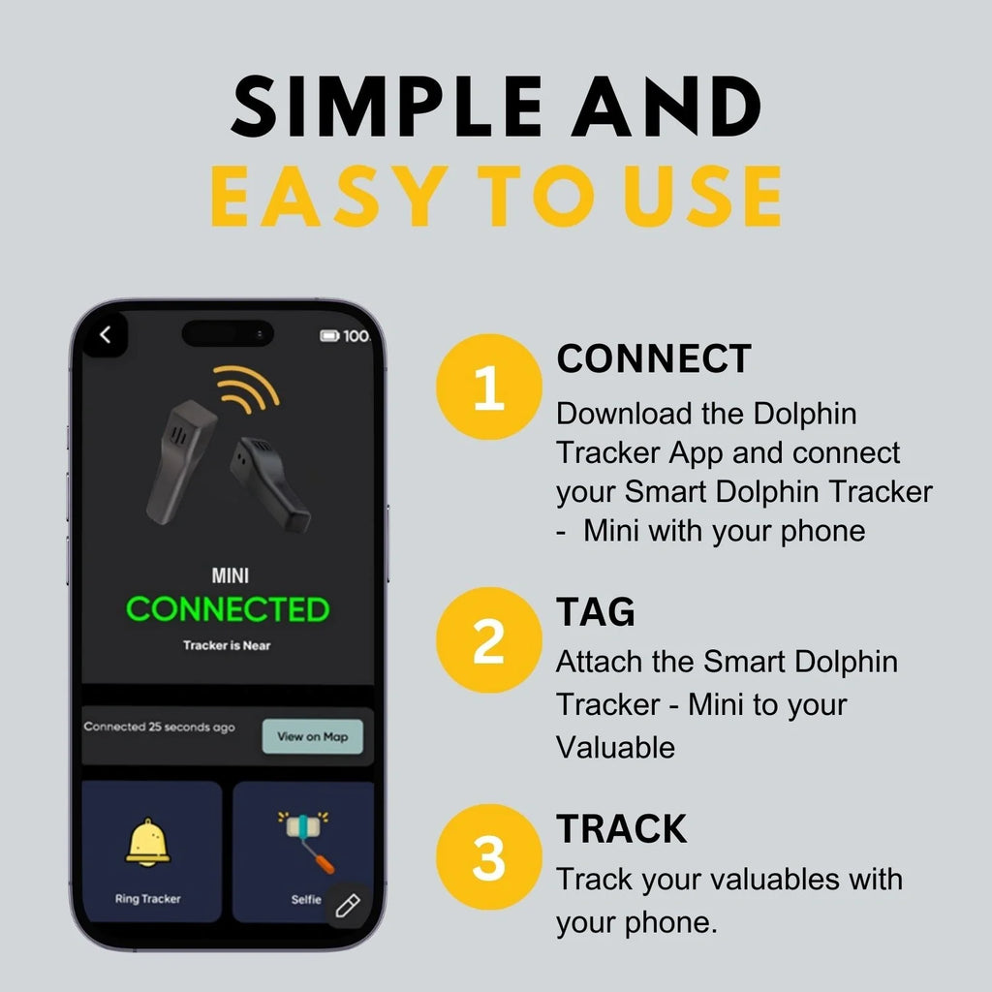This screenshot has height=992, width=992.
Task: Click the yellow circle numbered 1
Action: [488, 387]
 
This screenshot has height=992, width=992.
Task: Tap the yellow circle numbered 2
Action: [488, 639]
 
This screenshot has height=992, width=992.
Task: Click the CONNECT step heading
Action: [654, 359]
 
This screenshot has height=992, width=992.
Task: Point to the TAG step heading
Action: [595, 611]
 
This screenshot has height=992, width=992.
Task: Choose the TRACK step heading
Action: [621, 828]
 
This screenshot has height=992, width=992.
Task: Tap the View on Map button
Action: [312, 736]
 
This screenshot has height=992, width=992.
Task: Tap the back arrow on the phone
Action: [106, 335]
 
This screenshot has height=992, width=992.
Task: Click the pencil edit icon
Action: [347, 906]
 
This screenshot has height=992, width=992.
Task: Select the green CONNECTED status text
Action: [228, 610]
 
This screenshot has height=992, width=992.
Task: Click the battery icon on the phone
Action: [329, 336]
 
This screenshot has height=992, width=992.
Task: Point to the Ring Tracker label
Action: [147, 899]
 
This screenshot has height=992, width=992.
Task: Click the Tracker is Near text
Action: [227, 645]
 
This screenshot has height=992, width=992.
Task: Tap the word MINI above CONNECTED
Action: [230, 576]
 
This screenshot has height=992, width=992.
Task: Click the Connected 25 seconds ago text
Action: [159, 727]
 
